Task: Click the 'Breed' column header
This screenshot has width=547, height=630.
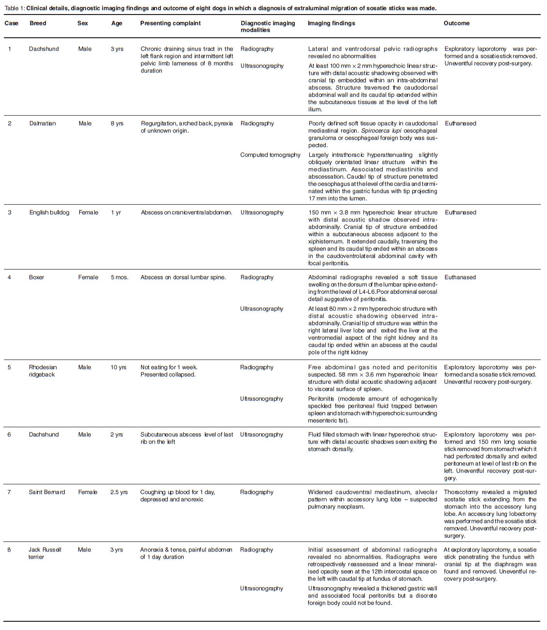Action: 38,23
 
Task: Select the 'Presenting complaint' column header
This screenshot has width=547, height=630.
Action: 170,23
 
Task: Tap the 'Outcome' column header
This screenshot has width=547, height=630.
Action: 456,23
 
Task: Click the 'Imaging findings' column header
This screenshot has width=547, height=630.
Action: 331,23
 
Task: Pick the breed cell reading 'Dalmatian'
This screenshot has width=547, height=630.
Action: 43,123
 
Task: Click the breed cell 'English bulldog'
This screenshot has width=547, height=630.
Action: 49,212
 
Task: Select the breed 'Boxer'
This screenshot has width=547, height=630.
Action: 36,277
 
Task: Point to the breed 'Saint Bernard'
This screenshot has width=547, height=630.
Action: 47,492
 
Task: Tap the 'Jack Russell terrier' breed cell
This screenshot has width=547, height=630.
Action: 44,553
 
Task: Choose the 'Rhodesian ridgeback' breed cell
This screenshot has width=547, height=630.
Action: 43,371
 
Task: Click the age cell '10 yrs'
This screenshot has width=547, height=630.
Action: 118,367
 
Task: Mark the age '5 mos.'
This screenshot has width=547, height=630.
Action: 119,277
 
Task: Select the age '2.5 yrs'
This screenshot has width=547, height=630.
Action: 119,492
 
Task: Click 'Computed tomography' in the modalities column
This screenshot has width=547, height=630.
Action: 270,155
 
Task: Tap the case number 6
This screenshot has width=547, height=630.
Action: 9,435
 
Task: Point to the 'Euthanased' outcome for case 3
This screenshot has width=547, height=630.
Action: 460,212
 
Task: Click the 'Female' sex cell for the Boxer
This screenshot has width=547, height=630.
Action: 88,277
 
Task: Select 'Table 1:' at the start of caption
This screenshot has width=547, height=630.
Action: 14,8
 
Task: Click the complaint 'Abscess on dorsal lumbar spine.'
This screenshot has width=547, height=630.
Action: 183,277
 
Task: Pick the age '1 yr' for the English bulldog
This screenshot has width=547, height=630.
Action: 116,212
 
